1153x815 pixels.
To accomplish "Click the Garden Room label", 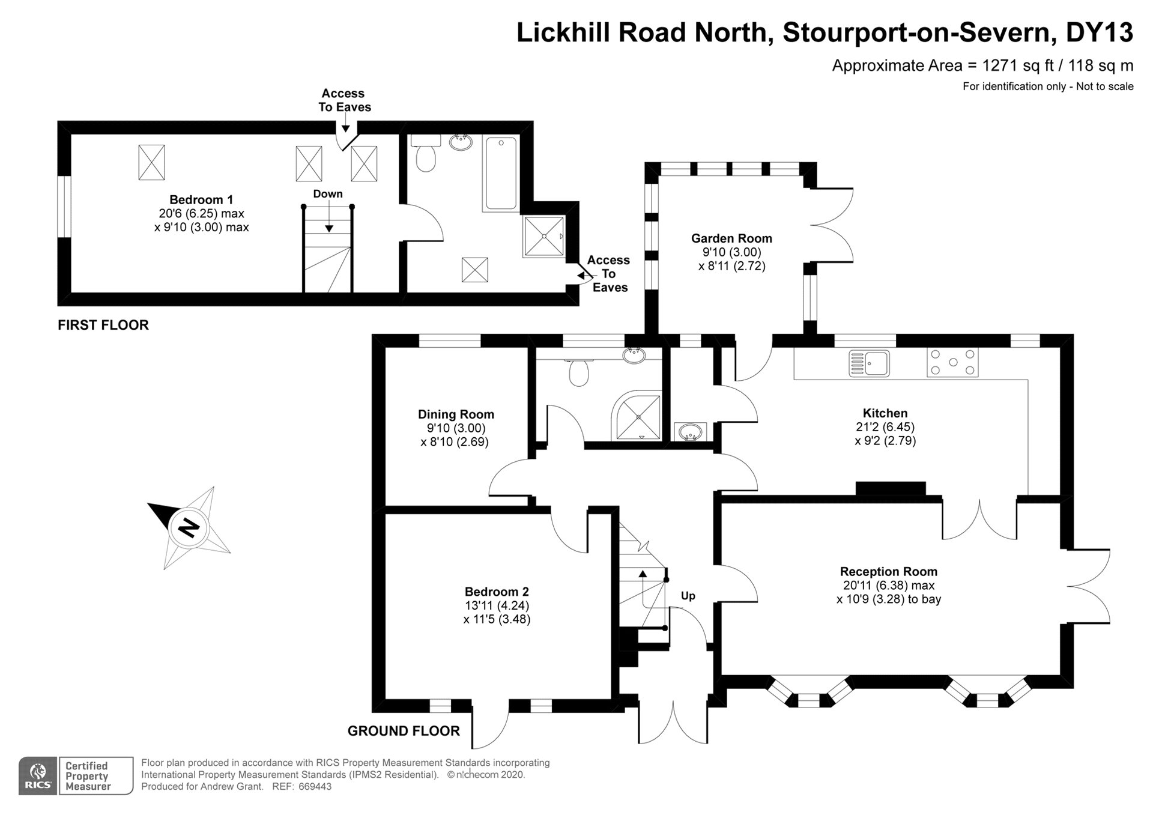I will coord(731,238).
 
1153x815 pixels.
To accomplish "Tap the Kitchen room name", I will coord(885,413).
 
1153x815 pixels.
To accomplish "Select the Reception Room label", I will coord(888,572).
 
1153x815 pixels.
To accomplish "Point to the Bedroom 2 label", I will coord(497,592).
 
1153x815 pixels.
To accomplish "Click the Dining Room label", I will coord(456,414).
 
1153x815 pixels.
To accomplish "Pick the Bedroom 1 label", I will coord(201,200).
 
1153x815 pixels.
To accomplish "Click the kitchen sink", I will coord(869,363).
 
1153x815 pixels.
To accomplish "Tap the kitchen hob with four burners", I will coord(952,362).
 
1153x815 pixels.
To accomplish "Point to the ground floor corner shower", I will coord(638,415).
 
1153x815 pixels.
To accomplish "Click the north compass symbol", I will coord(189,528).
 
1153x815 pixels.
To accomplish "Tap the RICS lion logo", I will coord(38,775).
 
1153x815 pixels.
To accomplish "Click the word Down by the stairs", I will coord(328,194).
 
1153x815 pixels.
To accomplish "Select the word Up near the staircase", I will coord(688,596).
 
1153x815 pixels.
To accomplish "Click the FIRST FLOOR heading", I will coord(103,325).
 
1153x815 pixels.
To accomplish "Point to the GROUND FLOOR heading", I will coord(404,731).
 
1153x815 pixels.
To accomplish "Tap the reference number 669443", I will coord(315,787).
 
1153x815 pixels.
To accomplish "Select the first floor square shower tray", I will coord(544,237).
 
